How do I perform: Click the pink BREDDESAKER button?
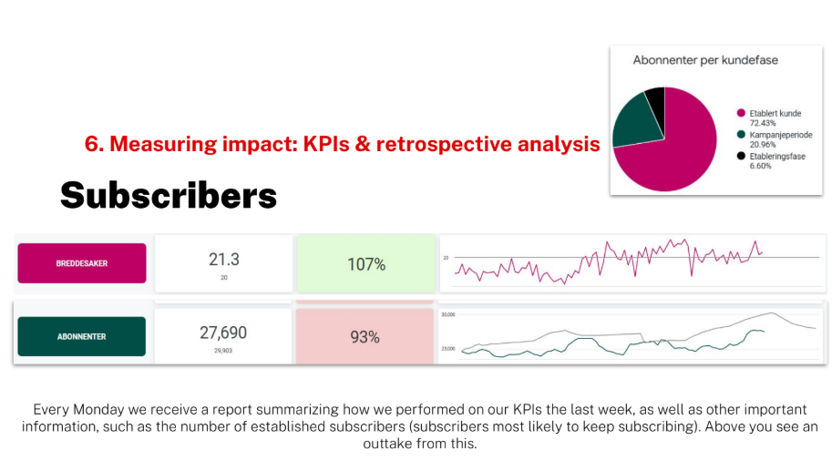point(82,263)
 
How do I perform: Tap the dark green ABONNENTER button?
point(82,336)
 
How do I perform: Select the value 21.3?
point(223,260)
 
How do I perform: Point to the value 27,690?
point(223,333)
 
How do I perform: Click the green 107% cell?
point(366,264)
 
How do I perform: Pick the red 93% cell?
point(365,337)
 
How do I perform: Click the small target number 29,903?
point(223,351)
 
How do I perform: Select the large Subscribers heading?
point(169,194)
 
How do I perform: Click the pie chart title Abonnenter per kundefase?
point(699,60)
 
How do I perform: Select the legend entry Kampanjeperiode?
point(781,135)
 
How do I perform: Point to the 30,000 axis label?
point(448,314)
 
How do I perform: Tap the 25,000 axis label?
point(448,349)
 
